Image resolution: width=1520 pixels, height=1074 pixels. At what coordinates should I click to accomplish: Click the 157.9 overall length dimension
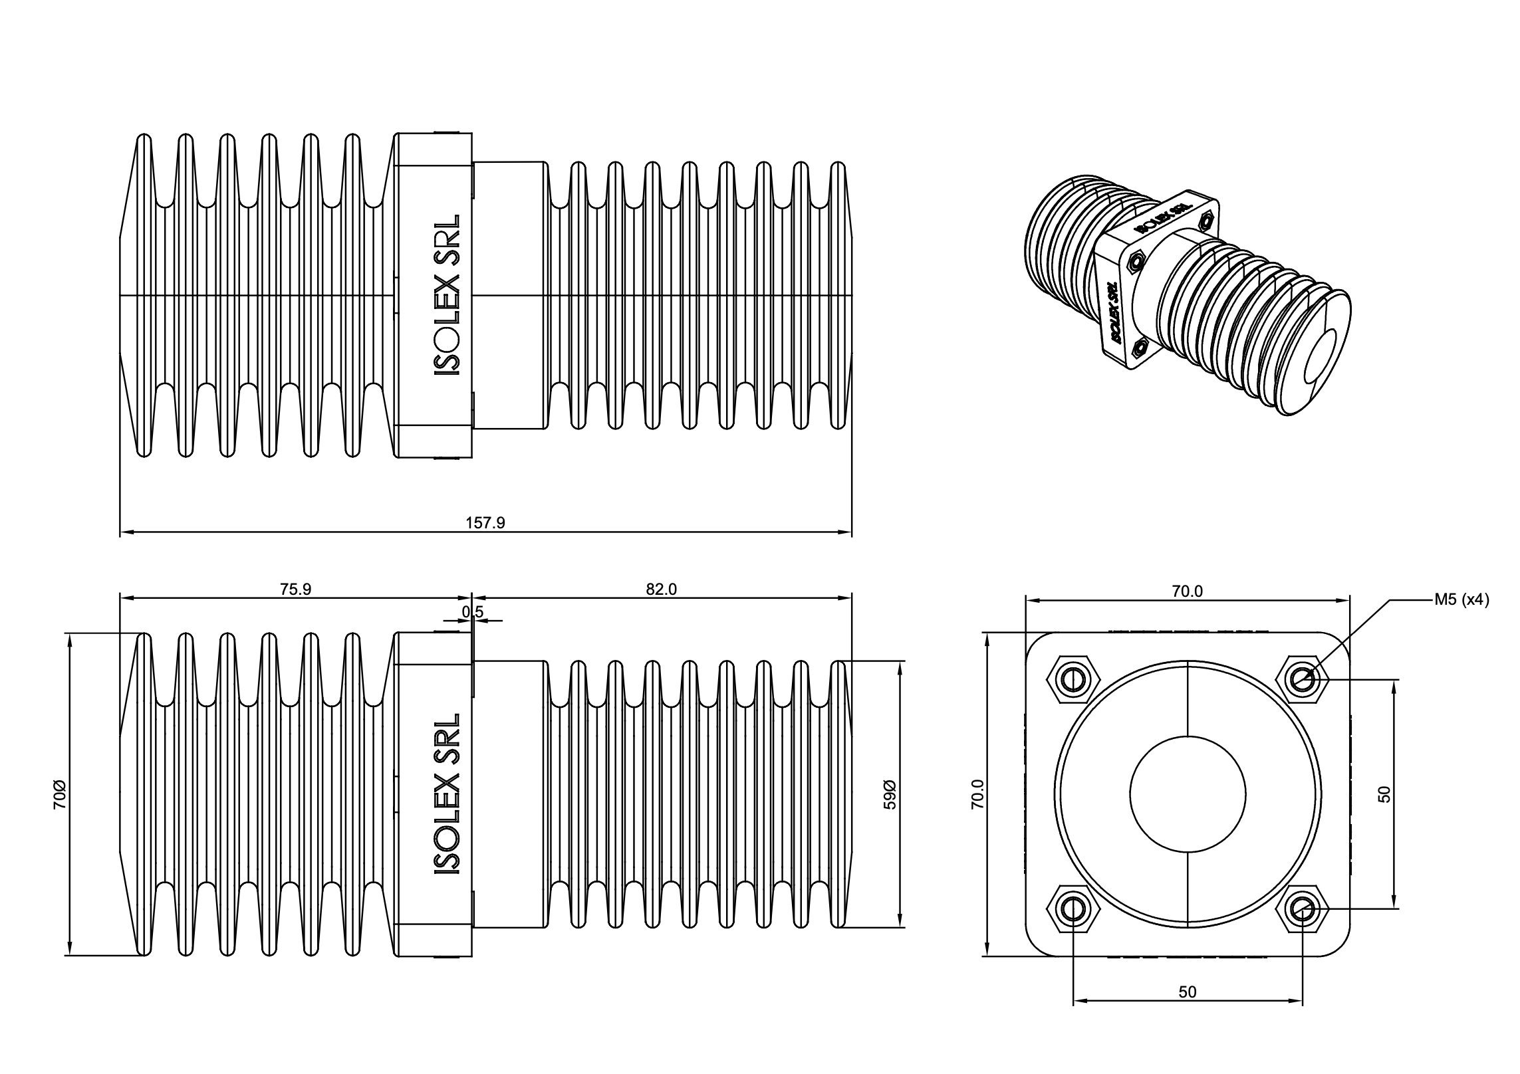tap(485, 523)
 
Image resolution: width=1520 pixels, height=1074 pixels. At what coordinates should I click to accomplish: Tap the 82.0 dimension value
tap(661, 590)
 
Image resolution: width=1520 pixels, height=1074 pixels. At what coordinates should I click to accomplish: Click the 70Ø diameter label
tap(60, 795)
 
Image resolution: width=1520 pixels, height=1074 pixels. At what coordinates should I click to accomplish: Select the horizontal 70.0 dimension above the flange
tap(1188, 591)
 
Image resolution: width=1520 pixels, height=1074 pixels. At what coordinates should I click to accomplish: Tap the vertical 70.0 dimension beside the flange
tap(977, 794)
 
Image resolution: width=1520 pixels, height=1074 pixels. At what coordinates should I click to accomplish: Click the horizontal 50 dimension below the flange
tap(1188, 1011)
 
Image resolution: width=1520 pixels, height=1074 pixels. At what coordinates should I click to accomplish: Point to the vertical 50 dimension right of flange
tap(1384, 794)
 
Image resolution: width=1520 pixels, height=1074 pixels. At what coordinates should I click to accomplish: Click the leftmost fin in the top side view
tap(143, 295)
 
